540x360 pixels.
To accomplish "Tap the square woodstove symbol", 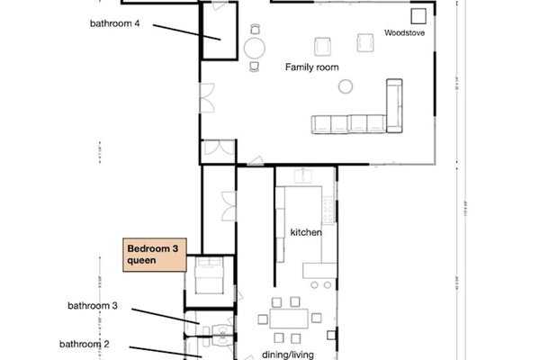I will (418, 16).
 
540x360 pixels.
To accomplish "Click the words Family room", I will (310, 67).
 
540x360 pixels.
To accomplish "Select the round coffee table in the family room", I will (345, 86).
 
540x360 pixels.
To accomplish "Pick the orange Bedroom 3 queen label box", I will (153, 254).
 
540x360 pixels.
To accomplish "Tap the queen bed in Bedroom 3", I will (209, 274).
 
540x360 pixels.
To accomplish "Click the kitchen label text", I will (306, 232).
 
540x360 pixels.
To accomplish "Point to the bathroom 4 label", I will (114, 23).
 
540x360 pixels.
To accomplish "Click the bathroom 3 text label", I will (93, 306).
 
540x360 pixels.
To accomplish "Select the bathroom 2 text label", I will (85, 344).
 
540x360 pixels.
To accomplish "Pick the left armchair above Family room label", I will (321, 45).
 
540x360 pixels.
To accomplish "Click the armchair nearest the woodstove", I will (365, 42).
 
